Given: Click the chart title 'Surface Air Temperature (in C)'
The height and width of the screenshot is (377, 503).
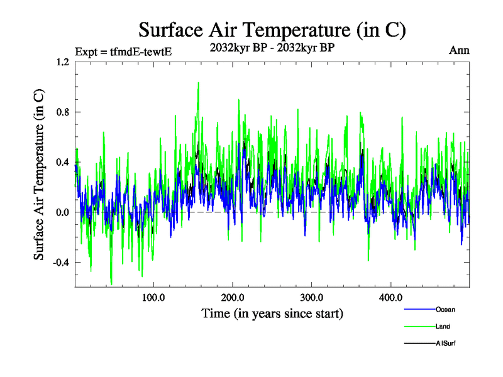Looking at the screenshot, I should click(x=272, y=30).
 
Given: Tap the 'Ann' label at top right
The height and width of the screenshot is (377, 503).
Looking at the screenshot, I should click(x=459, y=50).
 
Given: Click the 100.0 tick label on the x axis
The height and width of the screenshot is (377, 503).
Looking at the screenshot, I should click(x=153, y=297).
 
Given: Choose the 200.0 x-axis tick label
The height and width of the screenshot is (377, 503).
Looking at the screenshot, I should click(x=233, y=297).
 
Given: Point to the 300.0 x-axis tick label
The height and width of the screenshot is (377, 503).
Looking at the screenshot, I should click(x=312, y=297).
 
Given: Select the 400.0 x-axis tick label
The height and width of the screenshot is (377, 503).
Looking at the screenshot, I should click(x=391, y=297).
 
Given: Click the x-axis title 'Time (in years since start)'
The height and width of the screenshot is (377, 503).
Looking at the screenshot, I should click(x=272, y=314).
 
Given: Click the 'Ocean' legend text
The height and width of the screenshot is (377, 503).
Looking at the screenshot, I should click(x=445, y=309).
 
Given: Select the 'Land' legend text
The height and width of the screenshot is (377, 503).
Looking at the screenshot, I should click(x=443, y=326).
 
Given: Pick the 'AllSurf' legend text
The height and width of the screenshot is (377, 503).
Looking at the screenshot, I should click(x=446, y=343).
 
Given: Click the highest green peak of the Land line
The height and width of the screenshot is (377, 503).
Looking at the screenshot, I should click(x=199, y=82).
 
